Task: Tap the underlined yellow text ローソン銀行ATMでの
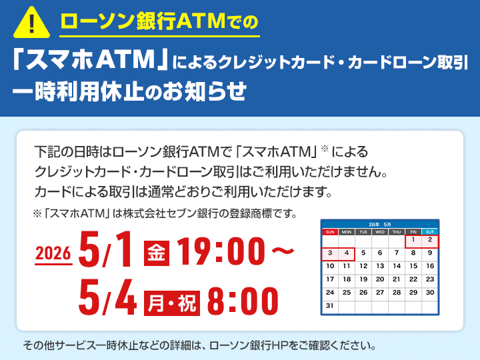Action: (x=159, y=22)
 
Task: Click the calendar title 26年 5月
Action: (x=380, y=225)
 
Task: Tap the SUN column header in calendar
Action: (x=329, y=232)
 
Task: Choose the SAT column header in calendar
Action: (x=430, y=232)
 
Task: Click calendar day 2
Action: (x=430, y=240)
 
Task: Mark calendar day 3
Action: (x=329, y=253)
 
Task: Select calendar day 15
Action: (x=413, y=266)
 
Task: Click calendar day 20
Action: (x=380, y=279)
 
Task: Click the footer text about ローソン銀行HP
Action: (x=199, y=345)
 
